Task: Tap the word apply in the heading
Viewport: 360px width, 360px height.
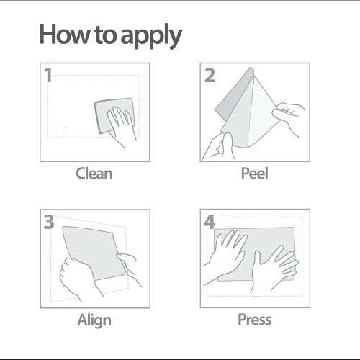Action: (x=151, y=36)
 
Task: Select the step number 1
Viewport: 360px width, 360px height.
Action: (x=48, y=75)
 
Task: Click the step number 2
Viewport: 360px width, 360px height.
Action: (x=210, y=76)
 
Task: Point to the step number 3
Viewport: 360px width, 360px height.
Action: (x=49, y=222)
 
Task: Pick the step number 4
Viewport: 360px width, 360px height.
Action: (x=210, y=222)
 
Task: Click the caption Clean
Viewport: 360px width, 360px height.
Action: (x=94, y=174)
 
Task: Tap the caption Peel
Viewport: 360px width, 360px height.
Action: (x=254, y=173)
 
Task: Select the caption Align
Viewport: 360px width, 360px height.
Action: (x=94, y=320)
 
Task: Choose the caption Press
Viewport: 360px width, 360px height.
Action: (x=254, y=320)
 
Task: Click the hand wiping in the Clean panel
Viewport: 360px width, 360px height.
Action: (x=121, y=126)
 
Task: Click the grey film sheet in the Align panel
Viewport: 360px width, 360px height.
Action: (x=94, y=252)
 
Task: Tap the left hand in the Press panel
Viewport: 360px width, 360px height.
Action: (x=225, y=257)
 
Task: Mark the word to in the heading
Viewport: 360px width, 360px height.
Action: (x=105, y=35)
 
